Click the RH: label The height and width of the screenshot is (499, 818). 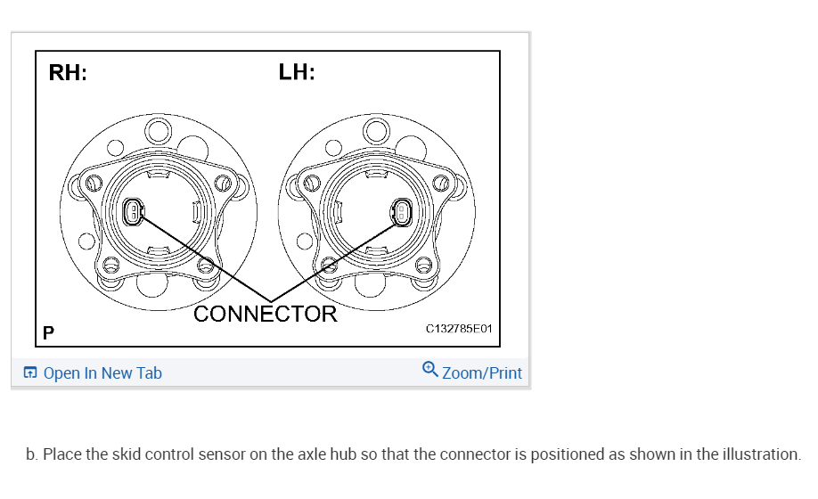68,74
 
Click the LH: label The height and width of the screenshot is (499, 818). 297,72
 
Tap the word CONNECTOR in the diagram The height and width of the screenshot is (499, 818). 266,314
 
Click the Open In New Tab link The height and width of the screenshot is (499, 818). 102,373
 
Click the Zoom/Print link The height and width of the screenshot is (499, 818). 482,373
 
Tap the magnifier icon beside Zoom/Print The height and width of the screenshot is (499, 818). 430,369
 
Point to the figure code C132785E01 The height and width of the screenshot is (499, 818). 459,329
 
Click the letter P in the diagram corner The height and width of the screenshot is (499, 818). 48,334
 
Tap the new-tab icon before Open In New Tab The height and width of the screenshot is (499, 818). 31,373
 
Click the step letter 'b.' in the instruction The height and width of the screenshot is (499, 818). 32,454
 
